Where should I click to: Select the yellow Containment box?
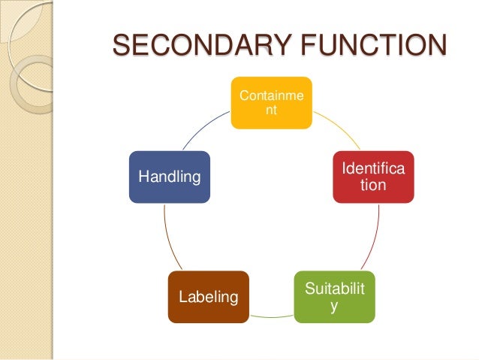[271, 102]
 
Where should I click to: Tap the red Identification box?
[373, 177]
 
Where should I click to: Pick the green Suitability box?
[334, 296]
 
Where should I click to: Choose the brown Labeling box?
[208, 296]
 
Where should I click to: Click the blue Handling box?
[169, 177]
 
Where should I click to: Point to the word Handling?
[169, 177]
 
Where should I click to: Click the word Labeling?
[208, 298]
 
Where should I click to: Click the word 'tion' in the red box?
[373, 184]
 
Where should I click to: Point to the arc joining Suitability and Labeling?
[271, 317]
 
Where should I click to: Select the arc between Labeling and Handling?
[170, 241]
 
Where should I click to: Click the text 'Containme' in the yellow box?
[271, 95]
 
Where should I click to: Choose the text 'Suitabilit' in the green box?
[334, 289]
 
